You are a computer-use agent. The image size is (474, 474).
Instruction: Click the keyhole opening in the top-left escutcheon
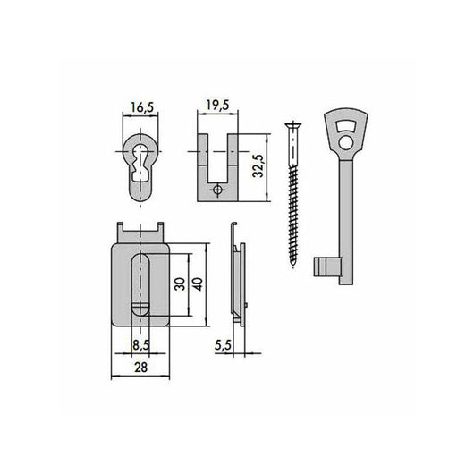click(x=136, y=163)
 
